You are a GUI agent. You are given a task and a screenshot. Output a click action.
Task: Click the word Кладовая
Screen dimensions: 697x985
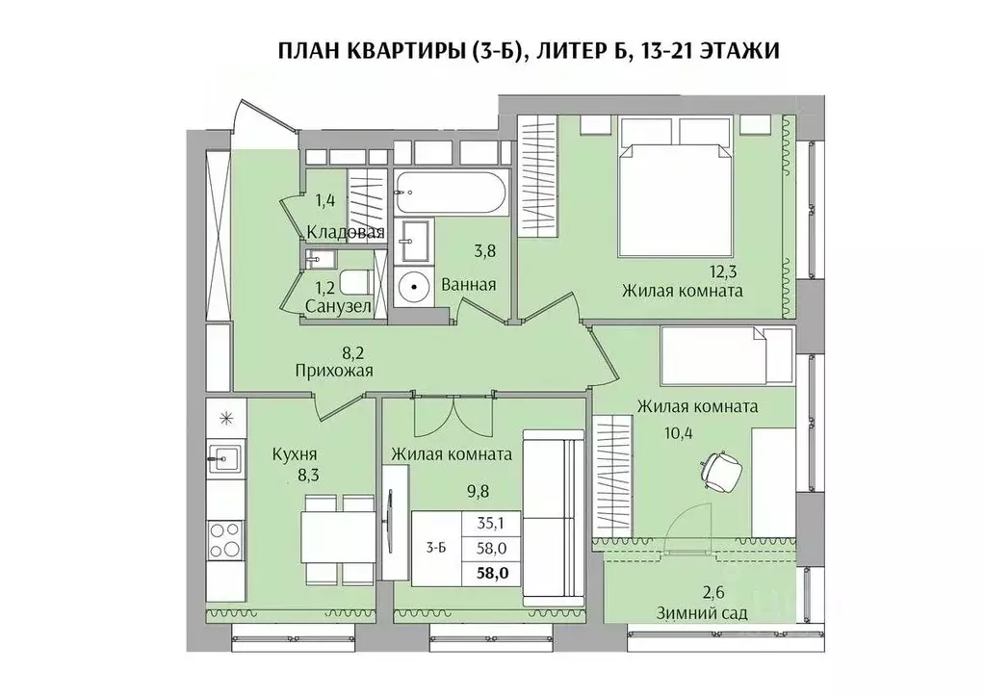tap(346, 232)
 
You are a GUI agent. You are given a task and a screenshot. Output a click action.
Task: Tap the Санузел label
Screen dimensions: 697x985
tap(338, 306)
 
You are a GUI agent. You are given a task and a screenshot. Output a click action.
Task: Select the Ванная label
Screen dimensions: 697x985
tap(469, 284)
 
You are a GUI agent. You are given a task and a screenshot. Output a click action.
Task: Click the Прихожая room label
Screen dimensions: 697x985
tap(333, 369)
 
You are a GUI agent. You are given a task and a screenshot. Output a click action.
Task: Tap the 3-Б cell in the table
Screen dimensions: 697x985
tap(436, 549)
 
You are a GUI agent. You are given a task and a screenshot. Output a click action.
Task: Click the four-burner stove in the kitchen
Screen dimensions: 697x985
tap(225, 539)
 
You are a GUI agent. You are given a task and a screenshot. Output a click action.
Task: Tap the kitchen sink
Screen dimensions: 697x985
tap(224, 457)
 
